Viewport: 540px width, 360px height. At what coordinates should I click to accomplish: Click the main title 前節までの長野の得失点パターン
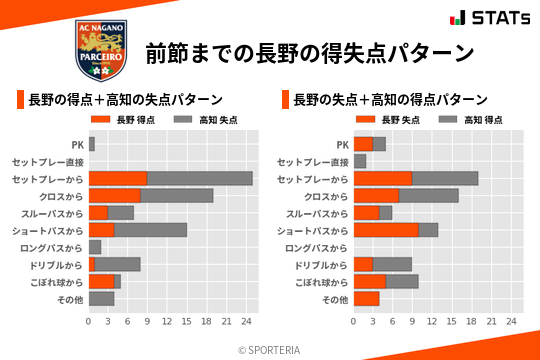[x=309, y=52]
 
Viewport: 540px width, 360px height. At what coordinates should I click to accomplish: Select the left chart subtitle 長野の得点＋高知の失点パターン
[x=125, y=100]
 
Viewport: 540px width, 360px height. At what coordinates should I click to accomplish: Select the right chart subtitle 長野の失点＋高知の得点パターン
[x=390, y=100]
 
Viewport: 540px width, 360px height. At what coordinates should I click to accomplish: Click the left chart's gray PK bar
[x=91, y=145]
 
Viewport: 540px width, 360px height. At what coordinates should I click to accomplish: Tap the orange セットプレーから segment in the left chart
[x=118, y=179]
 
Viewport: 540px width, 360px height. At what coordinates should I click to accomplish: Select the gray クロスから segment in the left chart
[x=177, y=196]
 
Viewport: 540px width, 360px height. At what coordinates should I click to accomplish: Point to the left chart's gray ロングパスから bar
[x=95, y=247]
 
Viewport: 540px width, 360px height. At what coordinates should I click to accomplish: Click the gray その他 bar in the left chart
[x=101, y=298]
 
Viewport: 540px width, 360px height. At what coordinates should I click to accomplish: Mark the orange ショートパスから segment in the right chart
[x=386, y=230]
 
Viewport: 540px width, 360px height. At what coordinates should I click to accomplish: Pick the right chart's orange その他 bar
[x=366, y=298]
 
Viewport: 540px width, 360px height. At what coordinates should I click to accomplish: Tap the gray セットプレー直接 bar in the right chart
[x=360, y=161]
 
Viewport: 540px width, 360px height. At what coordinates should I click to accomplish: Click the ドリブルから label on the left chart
[x=56, y=265]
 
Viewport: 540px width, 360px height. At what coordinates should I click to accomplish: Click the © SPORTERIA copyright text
[x=270, y=350]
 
